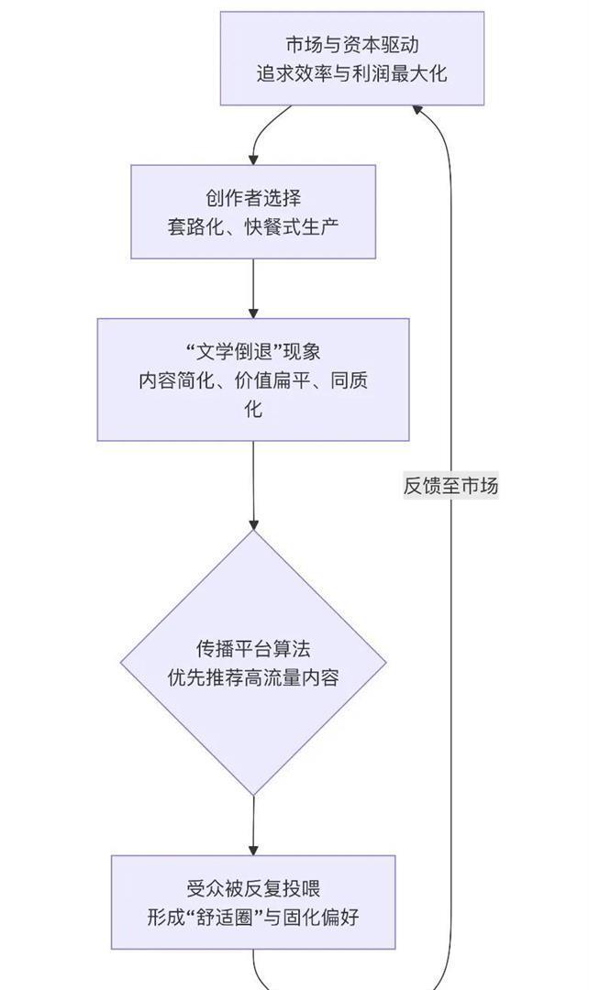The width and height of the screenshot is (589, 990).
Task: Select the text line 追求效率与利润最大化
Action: click(351, 74)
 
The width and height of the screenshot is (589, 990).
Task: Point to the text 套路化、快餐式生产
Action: click(253, 226)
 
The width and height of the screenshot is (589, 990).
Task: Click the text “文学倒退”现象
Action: click(253, 352)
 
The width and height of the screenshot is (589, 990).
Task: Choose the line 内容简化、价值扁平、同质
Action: click(253, 380)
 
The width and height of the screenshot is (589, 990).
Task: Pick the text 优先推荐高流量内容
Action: click(253, 678)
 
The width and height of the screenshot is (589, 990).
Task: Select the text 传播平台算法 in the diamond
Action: click(253, 649)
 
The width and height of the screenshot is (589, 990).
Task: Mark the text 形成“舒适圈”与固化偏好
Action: click(253, 916)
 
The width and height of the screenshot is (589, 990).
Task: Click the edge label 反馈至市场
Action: click(451, 486)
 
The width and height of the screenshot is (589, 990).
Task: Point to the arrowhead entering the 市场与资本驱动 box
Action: click(417, 109)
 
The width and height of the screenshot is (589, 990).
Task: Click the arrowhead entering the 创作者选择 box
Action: click(253, 159)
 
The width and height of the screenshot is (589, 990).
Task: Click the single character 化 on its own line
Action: click(253, 409)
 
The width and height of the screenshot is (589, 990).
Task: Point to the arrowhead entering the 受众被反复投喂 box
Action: click(253, 850)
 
